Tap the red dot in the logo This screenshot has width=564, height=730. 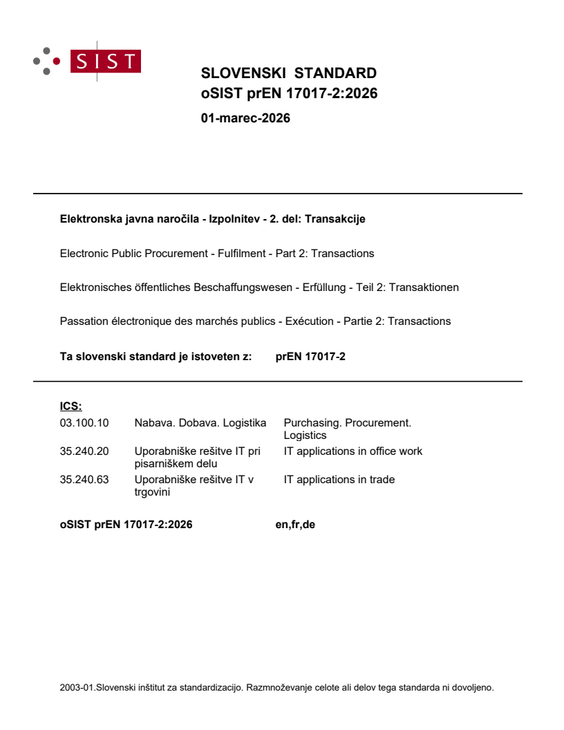tap(57, 61)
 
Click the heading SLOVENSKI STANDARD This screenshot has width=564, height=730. tap(288, 73)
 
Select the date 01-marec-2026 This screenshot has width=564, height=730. tap(245, 118)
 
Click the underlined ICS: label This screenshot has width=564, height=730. tap(70, 406)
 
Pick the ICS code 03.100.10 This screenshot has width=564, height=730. tap(84, 422)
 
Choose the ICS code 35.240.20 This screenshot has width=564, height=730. tap(84, 451)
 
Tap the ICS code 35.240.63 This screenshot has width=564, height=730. tap(84, 480)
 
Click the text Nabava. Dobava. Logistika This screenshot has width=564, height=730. tap(200, 422)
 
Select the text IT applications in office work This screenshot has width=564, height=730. tap(352, 451)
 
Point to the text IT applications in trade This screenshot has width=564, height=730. tap(339, 480)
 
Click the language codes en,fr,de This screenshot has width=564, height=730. tap(295, 525)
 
